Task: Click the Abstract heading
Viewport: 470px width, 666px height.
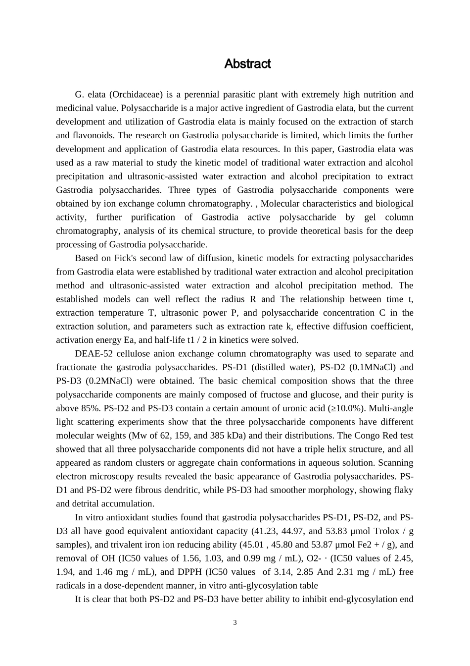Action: tap(247, 64)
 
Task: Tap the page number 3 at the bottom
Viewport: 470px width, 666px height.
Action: tap(235, 622)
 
